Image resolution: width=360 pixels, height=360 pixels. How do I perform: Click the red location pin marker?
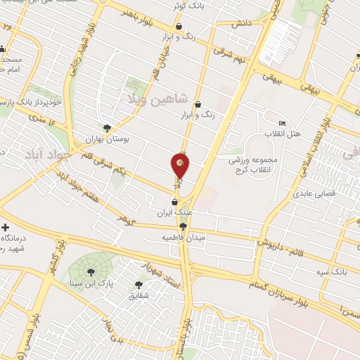coord(180,166)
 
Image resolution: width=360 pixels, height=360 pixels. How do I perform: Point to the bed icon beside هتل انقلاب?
coord(282,123)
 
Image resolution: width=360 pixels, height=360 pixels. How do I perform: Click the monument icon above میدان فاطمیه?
coord(184,226)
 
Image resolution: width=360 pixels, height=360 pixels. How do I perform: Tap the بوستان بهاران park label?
coord(108,139)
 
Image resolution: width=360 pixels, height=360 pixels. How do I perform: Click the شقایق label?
coord(138,296)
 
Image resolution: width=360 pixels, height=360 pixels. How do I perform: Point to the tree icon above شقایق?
coord(138,285)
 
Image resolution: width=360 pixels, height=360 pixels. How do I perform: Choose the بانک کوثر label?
coord(187,6)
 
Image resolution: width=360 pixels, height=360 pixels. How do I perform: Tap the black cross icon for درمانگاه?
coord(6,228)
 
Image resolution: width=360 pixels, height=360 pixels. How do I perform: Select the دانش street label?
coord(241,23)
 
